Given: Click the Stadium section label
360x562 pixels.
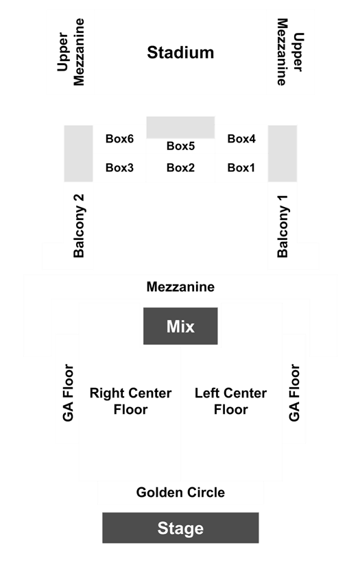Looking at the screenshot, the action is pos(180,53).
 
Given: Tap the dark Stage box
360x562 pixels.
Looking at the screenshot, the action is pos(180,528).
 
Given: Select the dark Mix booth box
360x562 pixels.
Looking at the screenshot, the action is pos(180,326).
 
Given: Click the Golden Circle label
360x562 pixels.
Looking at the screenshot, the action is pos(180,493).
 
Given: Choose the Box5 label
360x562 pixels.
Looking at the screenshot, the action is pos(181,146).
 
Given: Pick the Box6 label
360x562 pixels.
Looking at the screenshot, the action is pos(119,138).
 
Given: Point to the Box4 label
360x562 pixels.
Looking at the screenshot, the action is pos(241,138).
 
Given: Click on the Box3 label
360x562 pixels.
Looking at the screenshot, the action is pos(119,167).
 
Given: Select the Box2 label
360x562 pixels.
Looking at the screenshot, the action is pos(181,167).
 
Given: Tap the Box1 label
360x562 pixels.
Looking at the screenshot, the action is pos(241,167).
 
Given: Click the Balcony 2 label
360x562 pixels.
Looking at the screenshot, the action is pos(79,225).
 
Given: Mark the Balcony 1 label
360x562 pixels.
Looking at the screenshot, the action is pos(283,226).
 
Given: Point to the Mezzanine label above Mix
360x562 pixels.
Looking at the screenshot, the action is pos(180,286).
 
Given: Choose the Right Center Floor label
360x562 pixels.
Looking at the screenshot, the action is pos(130,402).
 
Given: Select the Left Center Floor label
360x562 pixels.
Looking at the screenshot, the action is pos(230,402).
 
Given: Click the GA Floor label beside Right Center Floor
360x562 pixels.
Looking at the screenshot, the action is pos(68,393).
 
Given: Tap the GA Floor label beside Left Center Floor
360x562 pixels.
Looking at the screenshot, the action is pos(294,393).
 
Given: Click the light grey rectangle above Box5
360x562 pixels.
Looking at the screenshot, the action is pos(180,127).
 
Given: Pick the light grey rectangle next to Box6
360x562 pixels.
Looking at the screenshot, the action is pos(79,154).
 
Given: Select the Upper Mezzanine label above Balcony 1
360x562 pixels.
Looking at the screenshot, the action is pos(290,52).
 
